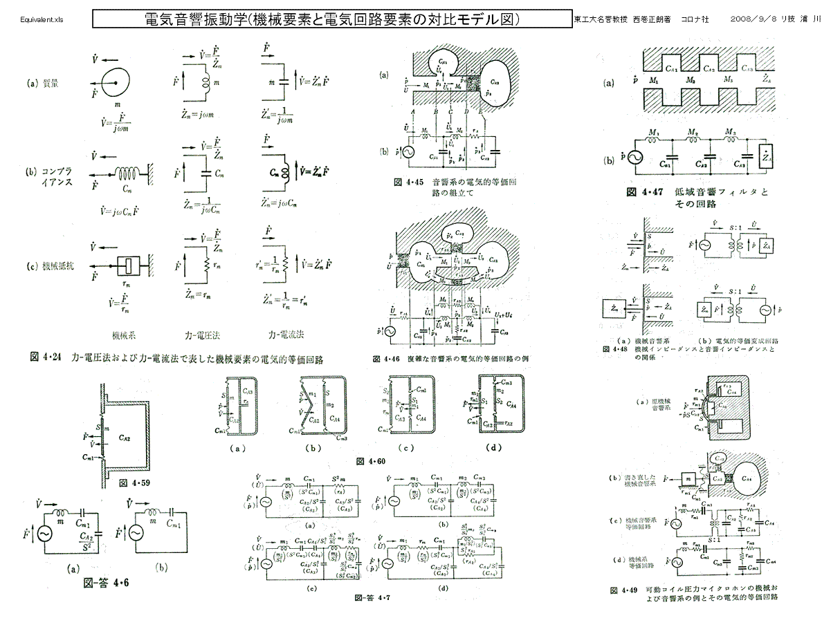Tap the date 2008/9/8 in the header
point(751,19)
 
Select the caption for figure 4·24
point(176,359)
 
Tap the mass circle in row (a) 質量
point(107,84)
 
